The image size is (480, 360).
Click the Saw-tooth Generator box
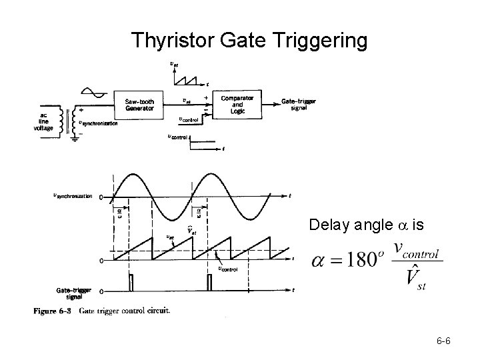[140, 105]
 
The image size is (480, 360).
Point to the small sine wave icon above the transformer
[91, 93]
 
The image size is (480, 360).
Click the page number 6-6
[444, 342]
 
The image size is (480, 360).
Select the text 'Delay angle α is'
[366, 225]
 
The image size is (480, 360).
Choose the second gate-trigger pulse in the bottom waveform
[211, 283]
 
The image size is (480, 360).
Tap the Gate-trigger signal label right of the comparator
[299, 104]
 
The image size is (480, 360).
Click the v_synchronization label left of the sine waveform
[73, 196]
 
